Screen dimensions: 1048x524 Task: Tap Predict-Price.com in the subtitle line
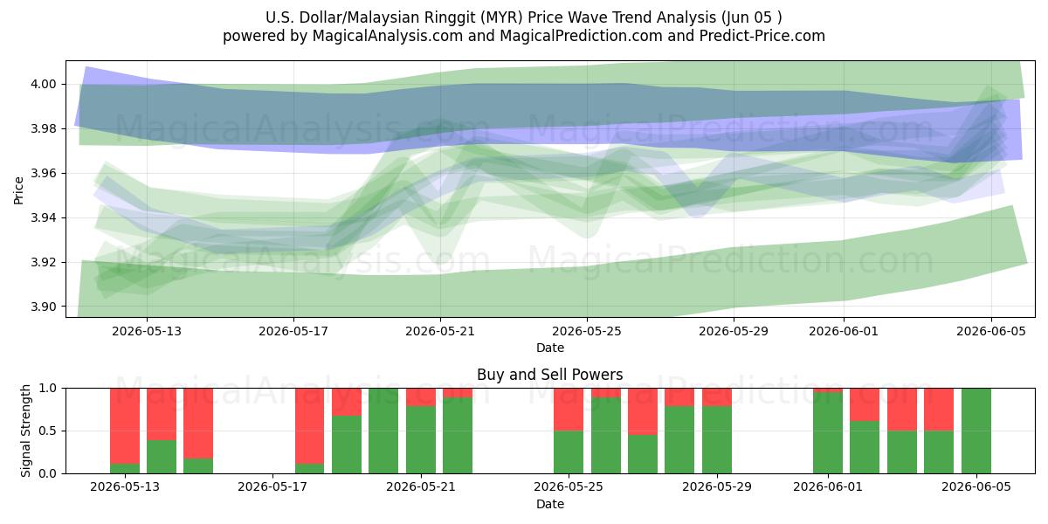click(762, 36)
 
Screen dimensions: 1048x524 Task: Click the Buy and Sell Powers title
click(549, 375)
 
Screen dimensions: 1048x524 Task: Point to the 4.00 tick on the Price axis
click(43, 84)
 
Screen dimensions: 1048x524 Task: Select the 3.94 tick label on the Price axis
click(43, 218)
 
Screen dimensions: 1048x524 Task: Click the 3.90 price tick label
click(43, 307)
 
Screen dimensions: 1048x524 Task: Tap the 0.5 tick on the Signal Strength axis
click(49, 431)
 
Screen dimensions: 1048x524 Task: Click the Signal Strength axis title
click(25, 431)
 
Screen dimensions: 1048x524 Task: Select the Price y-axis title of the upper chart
click(18, 190)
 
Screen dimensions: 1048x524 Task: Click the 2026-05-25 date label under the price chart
click(587, 331)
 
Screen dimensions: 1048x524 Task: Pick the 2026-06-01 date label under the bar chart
click(828, 486)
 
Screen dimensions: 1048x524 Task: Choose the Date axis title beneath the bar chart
click(549, 504)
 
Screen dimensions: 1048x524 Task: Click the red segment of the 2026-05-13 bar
click(125, 426)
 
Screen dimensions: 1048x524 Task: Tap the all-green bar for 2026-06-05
click(976, 431)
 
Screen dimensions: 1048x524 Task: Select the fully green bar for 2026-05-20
click(383, 431)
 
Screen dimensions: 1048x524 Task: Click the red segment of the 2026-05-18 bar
click(309, 426)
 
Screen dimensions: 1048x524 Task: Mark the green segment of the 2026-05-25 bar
click(569, 452)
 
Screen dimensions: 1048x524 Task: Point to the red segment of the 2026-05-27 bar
click(643, 411)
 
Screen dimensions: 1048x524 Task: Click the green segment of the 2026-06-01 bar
click(828, 433)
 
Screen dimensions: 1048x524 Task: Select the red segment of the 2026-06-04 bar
click(939, 410)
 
